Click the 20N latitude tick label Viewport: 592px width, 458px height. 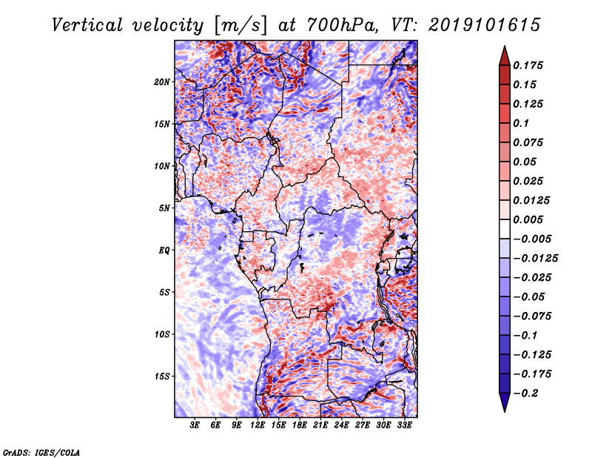[x=162, y=82]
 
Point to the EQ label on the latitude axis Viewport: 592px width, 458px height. [x=164, y=250]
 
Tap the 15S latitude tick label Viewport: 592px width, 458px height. [x=162, y=376]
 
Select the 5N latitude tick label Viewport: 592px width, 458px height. [x=164, y=208]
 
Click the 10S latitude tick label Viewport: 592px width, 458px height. [x=162, y=334]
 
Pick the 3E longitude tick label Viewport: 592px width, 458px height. [x=195, y=425]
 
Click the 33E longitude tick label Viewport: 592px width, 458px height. [x=404, y=425]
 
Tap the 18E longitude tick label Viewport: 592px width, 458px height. [x=300, y=425]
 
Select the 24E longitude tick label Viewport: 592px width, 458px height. [x=341, y=425]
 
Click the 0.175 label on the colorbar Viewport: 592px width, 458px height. [x=528, y=65]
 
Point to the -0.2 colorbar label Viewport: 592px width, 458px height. [x=525, y=394]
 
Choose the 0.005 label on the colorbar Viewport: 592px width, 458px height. [x=528, y=219]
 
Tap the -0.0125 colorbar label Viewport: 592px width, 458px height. [x=535, y=259]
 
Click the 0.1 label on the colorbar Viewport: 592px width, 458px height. [x=521, y=123]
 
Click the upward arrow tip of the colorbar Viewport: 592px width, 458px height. [x=505, y=46]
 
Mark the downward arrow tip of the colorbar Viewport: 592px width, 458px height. [x=505, y=412]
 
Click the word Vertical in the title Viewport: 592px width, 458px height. [x=87, y=25]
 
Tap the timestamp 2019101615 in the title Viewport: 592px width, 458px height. [x=485, y=25]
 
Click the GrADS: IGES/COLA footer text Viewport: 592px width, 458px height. [x=41, y=453]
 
